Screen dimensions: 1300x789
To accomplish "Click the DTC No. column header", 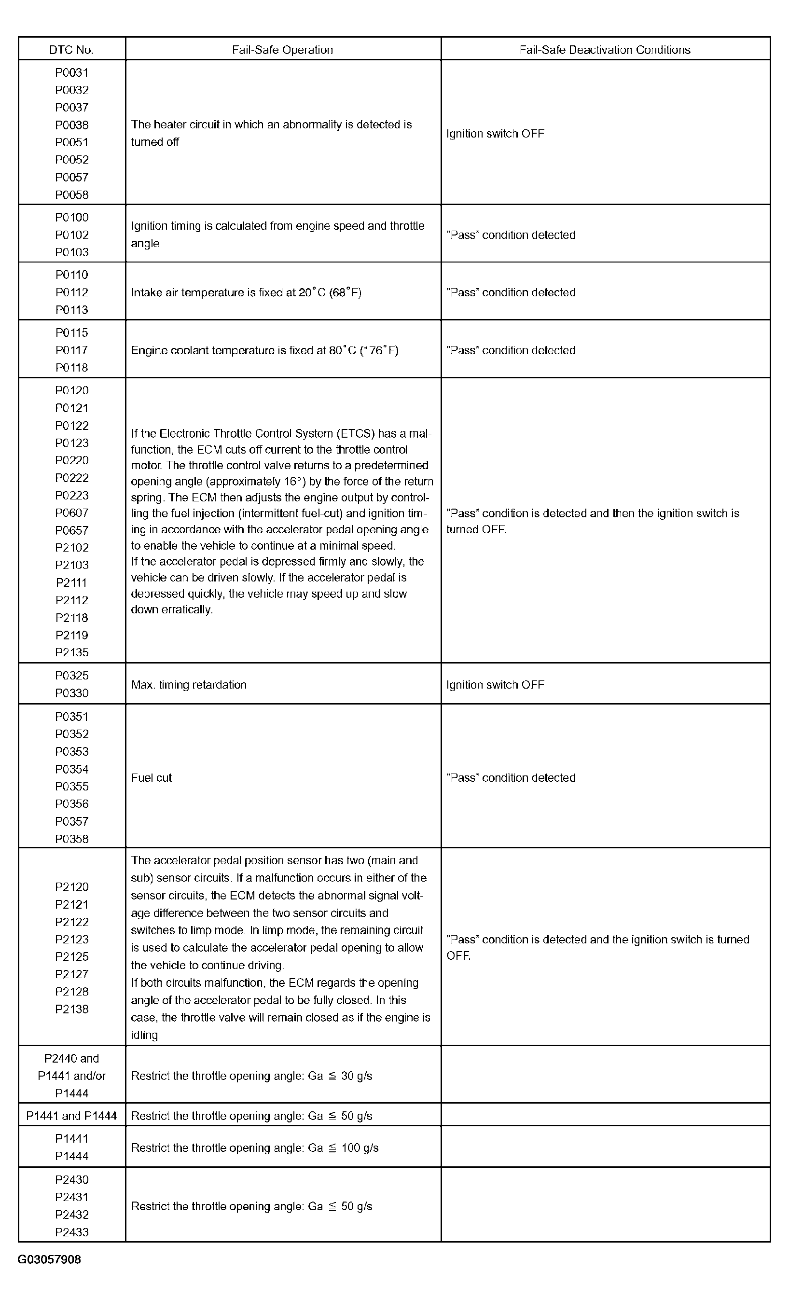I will (x=71, y=50).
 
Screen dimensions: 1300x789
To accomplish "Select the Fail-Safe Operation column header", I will (x=282, y=50).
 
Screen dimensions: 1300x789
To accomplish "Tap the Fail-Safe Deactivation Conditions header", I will (x=605, y=50).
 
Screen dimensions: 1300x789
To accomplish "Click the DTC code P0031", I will (x=72, y=73).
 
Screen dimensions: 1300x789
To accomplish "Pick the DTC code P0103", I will (x=72, y=252).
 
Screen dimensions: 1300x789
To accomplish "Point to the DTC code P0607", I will (x=72, y=513).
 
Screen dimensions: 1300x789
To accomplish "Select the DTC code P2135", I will (x=72, y=652).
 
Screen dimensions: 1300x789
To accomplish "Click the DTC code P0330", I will (x=72, y=693).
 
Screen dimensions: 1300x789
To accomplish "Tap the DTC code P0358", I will (x=72, y=839).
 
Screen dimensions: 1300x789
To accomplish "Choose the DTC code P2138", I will (x=72, y=1010).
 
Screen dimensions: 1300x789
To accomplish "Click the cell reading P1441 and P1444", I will (x=71, y=1116).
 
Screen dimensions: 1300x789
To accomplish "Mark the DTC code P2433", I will (x=72, y=1232).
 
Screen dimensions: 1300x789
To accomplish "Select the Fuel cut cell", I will (x=152, y=778).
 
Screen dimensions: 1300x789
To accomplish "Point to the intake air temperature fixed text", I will (x=246, y=292).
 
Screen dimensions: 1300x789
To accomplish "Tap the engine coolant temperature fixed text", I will (x=264, y=350).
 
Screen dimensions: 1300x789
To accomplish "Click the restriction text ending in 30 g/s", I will (x=251, y=1076).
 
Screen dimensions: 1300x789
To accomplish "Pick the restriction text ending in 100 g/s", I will (x=254, y=1148).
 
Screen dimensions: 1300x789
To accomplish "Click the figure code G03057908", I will (x=50, y=1260).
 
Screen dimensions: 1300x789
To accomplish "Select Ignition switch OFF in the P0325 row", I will (x=495, y=685).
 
